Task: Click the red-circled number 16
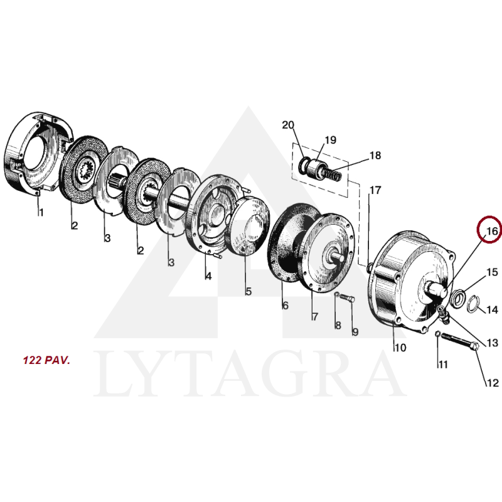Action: [x=492, y=231]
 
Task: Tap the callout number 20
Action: [x=288, y=125]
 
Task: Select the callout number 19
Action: [x=331, y=140]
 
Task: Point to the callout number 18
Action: [x=375, y=155]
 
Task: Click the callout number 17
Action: [x=375, y=190]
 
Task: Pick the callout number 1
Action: [x=41, y=212]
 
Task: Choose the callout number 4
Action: [x=208, y=276]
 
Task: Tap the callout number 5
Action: [x=248, y=291]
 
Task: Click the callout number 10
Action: [x=400, y=348]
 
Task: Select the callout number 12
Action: [x=493, y=383]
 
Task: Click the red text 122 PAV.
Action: [x=46, y=360]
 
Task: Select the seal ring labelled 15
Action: [x=457, y=299]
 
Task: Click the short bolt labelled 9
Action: [x=347, y=298]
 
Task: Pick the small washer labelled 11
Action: [x=437, y=334]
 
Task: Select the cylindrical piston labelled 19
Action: [x=317, y=168]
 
